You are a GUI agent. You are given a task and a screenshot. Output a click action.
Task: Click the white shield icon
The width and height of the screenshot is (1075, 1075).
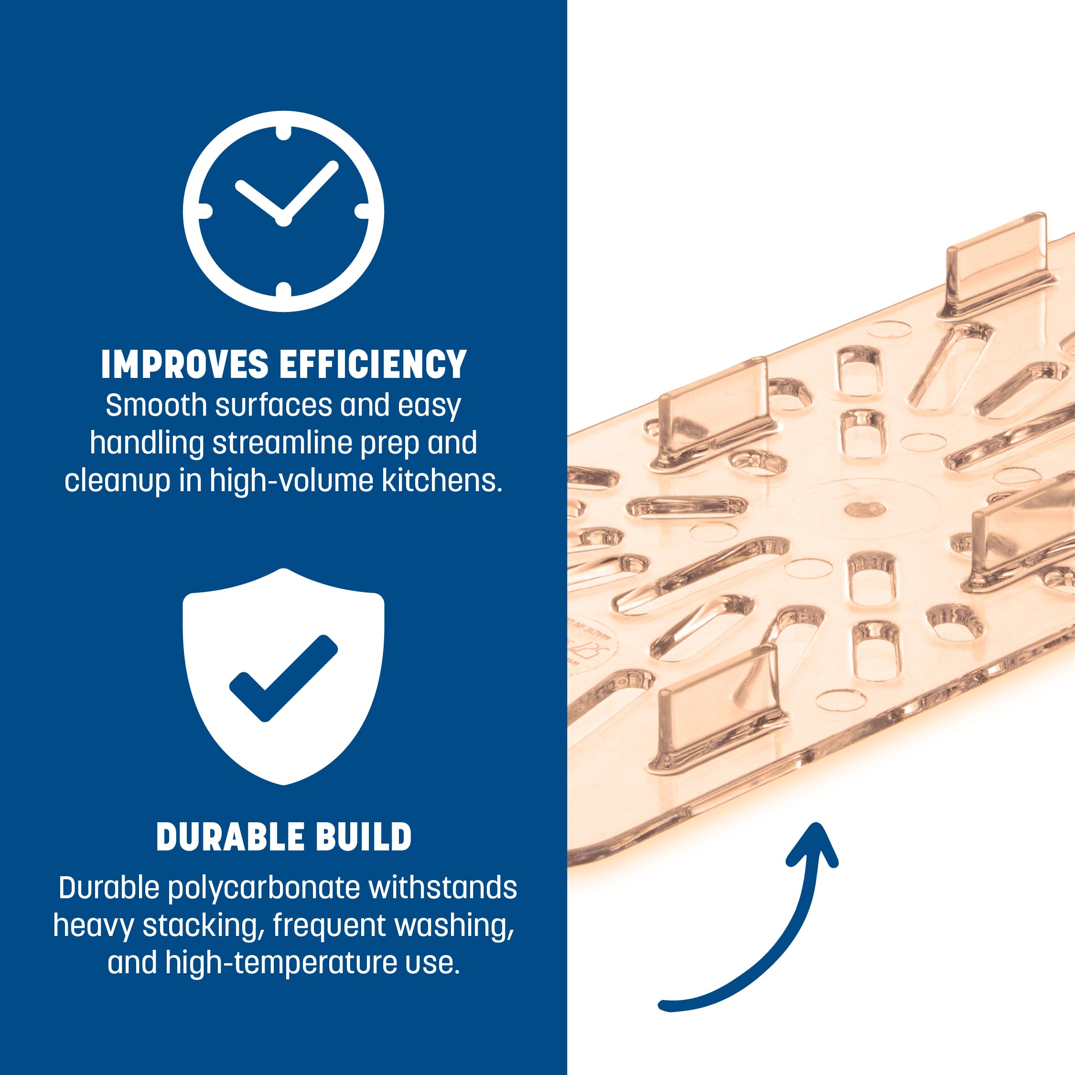click(283, 676)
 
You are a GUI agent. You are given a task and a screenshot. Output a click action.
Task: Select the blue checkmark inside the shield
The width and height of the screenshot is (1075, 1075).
click(283, 677)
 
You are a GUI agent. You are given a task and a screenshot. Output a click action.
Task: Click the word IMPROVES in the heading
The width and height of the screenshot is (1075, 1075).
click(185, 365)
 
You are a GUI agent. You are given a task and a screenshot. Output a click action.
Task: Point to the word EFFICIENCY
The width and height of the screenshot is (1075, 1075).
click(373, 365)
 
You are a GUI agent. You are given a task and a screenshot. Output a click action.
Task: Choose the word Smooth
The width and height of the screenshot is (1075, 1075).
click(156, 405)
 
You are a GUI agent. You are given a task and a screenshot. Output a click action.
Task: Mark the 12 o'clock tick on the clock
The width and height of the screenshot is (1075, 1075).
click(283, 133)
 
